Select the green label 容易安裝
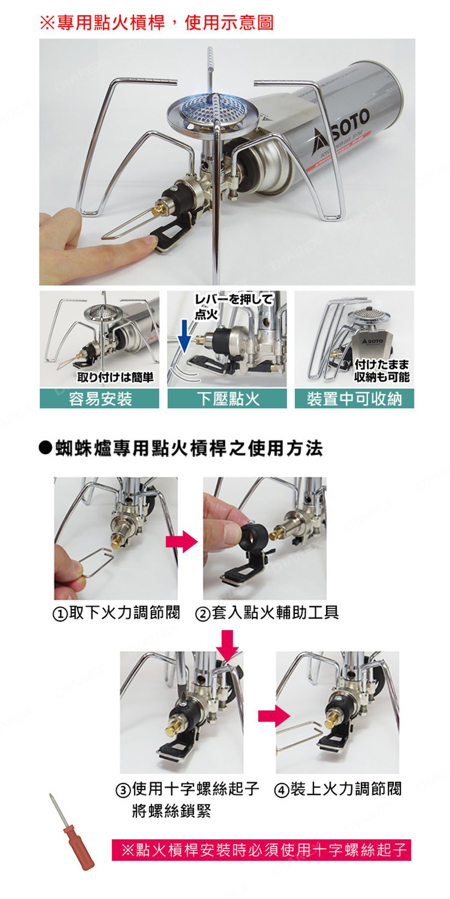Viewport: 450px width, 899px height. [100, 399]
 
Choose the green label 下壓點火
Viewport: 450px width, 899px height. [227, 399]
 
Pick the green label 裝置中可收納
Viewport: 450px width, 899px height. [354, 399]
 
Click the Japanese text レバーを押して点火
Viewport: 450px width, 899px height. [233, 306]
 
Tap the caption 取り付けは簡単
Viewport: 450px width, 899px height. [115, 377]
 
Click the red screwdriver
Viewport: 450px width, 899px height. [72, 832]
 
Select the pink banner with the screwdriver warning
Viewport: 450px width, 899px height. [261, 850]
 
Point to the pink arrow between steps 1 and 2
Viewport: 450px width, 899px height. [181, 541]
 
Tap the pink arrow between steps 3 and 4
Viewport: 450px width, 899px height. [274, 716]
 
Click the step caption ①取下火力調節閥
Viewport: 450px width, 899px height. [116, 613]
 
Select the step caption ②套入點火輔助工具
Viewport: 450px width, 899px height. [267, 613]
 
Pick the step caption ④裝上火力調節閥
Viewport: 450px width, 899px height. [337, 789]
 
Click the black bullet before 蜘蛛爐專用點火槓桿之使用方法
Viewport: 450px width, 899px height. [45, 448]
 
